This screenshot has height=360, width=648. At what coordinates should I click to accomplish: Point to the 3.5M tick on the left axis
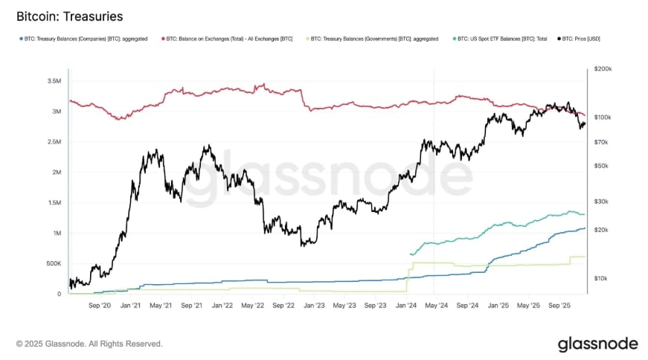click(x=54, y=80)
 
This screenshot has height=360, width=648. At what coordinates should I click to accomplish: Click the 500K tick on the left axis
click(x=52, y=263)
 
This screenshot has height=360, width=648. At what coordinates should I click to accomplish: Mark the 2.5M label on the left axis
click(x=54, y=141)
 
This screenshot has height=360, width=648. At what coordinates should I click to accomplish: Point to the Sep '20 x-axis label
click(x=100, y=305)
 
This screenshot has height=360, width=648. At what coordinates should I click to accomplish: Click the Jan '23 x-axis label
click(x=314, y=305)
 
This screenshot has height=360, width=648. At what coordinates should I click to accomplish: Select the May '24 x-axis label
click(x=437, y=305)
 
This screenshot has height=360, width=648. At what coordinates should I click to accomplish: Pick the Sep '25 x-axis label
click(x=559, y=305)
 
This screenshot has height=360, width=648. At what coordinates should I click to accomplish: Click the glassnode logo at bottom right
click(x=597, y=344)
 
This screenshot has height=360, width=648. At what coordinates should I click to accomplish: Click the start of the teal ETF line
click(x=411, y=254)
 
